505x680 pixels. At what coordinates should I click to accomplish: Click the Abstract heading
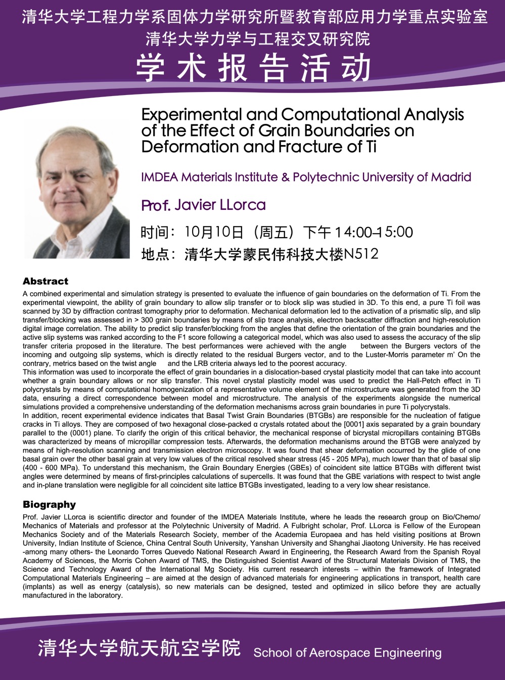point(45,282)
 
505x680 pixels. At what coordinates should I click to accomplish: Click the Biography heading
point(49,505)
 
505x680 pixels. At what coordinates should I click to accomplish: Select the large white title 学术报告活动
point(253,67)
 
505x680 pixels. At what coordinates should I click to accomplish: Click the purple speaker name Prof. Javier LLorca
point(203,205)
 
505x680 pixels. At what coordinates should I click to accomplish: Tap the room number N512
point(361,254)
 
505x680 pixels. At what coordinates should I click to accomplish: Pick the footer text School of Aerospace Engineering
point(347,653)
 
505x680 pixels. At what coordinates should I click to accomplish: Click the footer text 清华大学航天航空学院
point(139,648)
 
